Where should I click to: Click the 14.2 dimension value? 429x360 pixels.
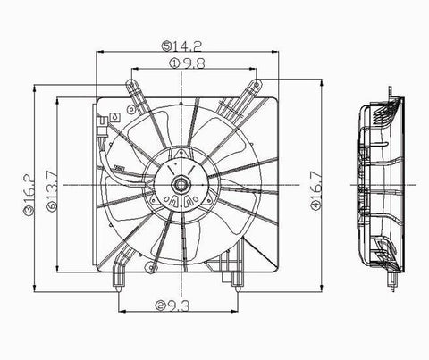click(x=188, y=46)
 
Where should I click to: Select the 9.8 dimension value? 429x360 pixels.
click(x=193, y=63)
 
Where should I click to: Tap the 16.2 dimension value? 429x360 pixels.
click(x=29, y=189)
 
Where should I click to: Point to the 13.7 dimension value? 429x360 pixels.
click(x=51, y=186)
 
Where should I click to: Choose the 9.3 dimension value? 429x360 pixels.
click(x=178, y=306)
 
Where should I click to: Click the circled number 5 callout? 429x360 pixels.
click(x=167, y=46)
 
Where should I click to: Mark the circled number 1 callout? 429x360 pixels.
click(x=174, y=63)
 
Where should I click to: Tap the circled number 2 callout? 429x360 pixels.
click(x=160, y=306)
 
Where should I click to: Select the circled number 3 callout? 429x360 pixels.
click(x=29, y=211)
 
